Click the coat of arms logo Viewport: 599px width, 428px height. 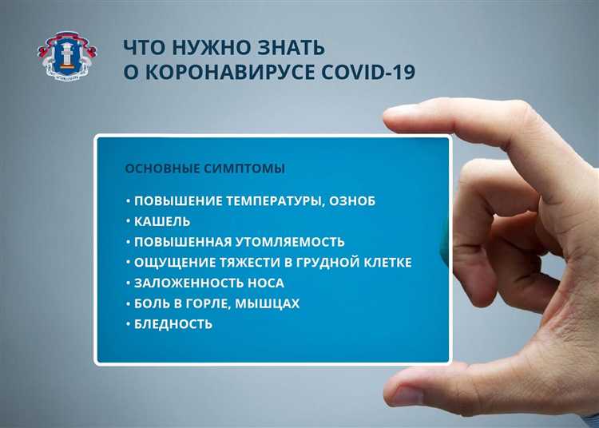click(69, 56)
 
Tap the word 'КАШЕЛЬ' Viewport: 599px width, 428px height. click(162, 220)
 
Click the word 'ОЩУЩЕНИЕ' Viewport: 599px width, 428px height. click(171, 262)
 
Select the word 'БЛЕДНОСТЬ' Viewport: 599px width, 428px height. click(173, 324)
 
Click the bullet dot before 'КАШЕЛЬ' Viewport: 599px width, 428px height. click(128, 220)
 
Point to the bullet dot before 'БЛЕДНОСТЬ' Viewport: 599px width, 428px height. click(128, 324)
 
